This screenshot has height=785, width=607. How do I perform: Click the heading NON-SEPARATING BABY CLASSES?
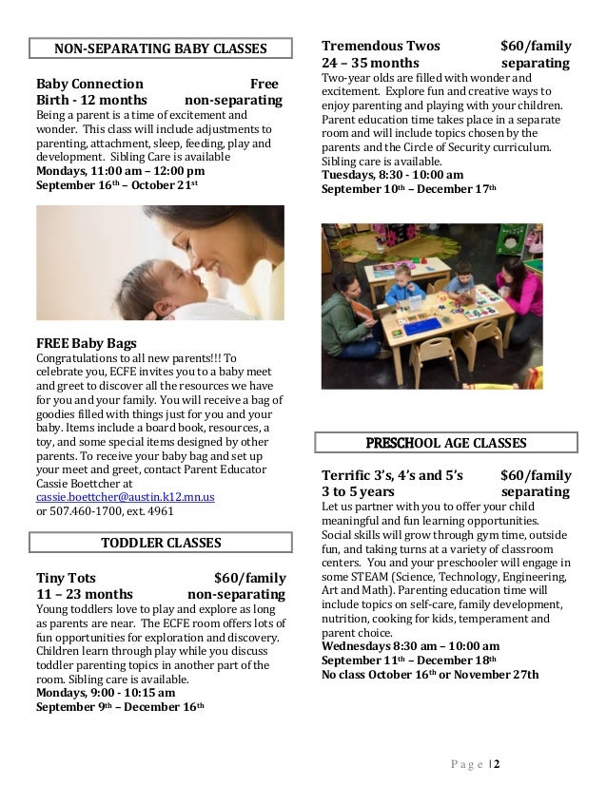point(160,48)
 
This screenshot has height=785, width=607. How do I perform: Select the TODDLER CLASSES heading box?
point(160,543)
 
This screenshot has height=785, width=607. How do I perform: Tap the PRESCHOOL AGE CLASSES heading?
point(445,443)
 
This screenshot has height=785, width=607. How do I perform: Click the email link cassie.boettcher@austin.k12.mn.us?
point(126,497)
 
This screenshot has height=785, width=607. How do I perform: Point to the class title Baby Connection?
point(89,84)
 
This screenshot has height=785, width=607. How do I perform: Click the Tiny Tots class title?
point(66,578)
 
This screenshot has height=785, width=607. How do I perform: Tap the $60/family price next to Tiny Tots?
point(250,578)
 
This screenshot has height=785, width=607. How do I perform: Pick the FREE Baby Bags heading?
point(87,342)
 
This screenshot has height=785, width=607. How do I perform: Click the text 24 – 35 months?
point(370,64)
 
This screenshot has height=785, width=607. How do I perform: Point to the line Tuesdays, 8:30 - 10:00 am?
point(392,175)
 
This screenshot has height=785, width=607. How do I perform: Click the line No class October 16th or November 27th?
point(430,675)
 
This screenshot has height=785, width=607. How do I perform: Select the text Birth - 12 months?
point(91,101)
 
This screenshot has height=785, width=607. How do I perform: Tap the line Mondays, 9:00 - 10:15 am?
point(106,693)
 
